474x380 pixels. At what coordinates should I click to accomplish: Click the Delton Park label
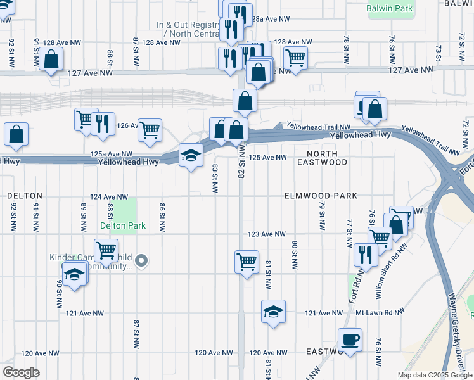(122, 225)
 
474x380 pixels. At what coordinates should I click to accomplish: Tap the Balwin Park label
(390, 8)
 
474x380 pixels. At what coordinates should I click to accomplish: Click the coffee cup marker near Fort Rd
(350, 339)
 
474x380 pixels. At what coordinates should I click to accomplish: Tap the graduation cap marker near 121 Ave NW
(273, 312)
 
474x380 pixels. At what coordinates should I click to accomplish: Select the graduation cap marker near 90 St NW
(75, 275)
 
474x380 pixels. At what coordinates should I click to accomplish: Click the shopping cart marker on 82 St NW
(246, 261)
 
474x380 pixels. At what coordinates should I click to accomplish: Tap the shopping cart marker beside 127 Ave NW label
(295, 58)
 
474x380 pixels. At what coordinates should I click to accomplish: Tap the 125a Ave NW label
(111, 154)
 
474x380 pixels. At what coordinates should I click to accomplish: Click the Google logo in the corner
(21, 372)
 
